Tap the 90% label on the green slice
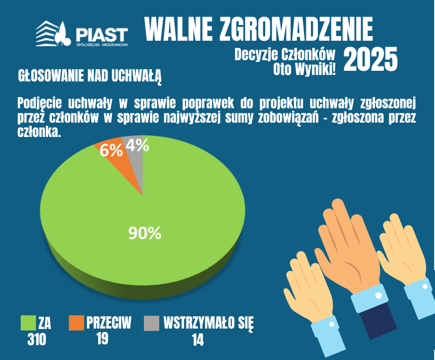144,233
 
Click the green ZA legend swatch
28,323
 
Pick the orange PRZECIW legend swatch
76,323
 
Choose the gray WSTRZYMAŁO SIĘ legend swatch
152,323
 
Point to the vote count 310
37,339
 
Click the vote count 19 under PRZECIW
102,338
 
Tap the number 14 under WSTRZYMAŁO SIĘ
198,340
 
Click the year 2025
371,59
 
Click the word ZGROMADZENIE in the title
296,29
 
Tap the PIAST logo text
102,34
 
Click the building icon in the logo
47,33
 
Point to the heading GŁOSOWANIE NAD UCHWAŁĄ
90,76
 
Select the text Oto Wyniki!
304,69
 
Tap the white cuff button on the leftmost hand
331,324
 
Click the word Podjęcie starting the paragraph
40,104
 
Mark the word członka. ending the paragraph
39,132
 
